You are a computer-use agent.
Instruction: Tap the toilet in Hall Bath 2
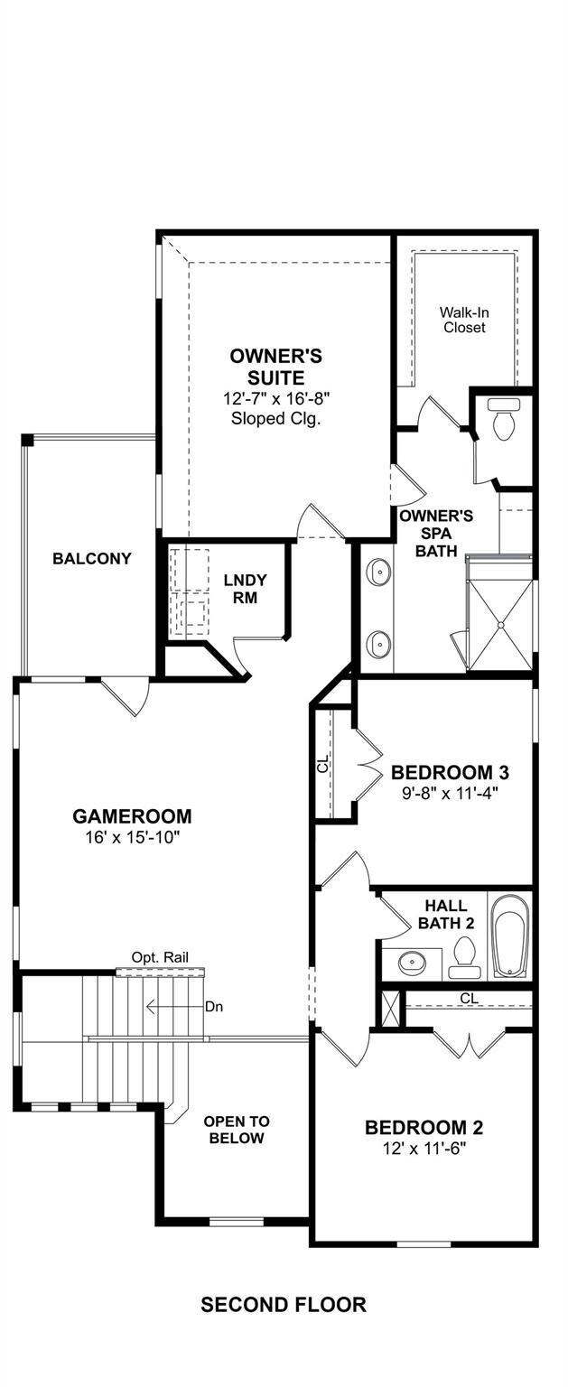tap(464, 957)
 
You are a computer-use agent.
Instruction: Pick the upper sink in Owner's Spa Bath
tap(377, 571)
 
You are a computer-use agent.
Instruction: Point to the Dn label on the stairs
tap(214, 1007)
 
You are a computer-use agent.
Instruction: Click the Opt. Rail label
tap(160, 957)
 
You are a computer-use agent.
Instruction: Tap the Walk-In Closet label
tap(464, 320)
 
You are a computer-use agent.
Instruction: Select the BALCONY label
tap(92, 558)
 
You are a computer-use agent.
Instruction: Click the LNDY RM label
tap(246, 589)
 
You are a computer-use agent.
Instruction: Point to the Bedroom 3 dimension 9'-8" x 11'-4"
tap(450, 792)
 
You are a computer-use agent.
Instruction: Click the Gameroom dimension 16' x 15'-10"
tap(132, 837)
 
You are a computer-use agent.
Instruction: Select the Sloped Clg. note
tap(275, 419)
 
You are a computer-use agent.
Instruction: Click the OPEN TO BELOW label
tap(237, 1130)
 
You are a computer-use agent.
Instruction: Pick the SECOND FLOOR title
tap(284, 1305)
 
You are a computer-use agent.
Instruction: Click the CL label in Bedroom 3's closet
tap(322, 766)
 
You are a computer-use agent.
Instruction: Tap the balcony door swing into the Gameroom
tap(126, 696)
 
